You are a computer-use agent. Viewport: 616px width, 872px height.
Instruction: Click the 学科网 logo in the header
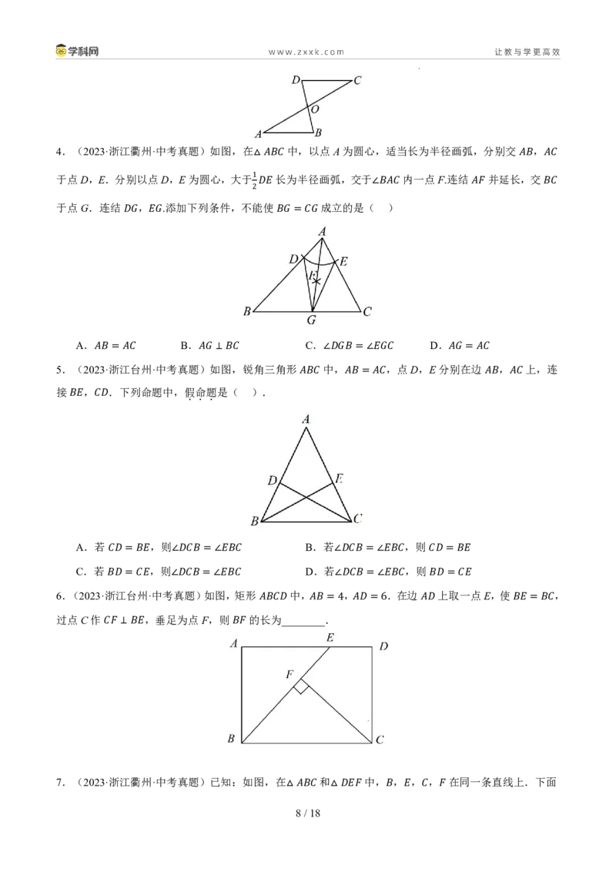tap(77, 51)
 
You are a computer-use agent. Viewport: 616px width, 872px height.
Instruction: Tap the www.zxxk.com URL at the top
tap(306, 52)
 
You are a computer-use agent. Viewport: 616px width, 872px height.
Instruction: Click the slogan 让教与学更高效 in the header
tap(527, 52)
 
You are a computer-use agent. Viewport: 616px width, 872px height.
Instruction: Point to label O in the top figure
tap(315, 109)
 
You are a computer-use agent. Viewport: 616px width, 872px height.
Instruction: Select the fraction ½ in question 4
tap(255, 179)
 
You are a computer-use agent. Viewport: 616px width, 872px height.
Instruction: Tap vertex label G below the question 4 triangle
tap(311, 320)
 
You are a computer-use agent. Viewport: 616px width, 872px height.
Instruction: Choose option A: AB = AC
tap(106, 345)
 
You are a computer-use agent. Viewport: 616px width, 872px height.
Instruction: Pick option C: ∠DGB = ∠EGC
tap(350, 345)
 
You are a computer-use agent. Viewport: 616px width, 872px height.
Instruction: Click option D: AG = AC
tap(460, 345)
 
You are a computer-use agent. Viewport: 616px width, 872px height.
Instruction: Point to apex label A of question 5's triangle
tap(306, 419)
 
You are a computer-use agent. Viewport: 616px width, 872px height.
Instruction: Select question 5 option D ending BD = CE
tap(389, 571)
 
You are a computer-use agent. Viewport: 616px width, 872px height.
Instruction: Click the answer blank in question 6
tap(303, 622)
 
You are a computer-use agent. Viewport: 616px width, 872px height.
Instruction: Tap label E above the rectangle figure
tap(330, 637)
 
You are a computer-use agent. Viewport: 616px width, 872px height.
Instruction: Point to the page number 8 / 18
tap(308, 813)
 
